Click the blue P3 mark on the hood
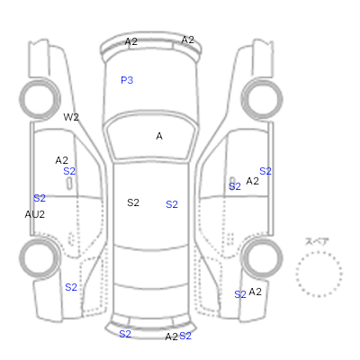pyautogui.click(x=127, y=80)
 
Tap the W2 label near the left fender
pyautogui.click(x=71, y=117)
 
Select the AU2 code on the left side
pyautogui.click(x=35, y=214)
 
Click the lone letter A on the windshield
pyautogui.click(x=159, y=136)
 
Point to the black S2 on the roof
pyautogui.click(x=133, y=202)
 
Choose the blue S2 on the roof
pyautogui.click(x=172, y=204)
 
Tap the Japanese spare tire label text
pyautogui.click(x=317, y=241)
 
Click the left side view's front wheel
pyautogui.click(x=40, y=99)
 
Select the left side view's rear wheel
pyautogui.click(x=40, y=257)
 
